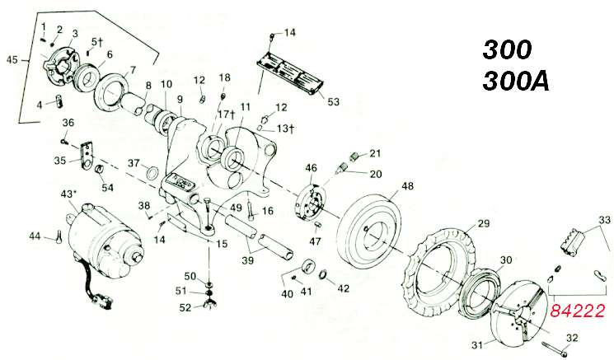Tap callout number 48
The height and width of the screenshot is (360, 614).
click(407, 186)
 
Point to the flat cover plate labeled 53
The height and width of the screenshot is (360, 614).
click(289, 70)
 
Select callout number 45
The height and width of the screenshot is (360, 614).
click(12, 60)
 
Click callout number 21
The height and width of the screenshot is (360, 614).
click(375, 152)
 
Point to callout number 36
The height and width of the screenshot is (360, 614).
click(68, 123)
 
